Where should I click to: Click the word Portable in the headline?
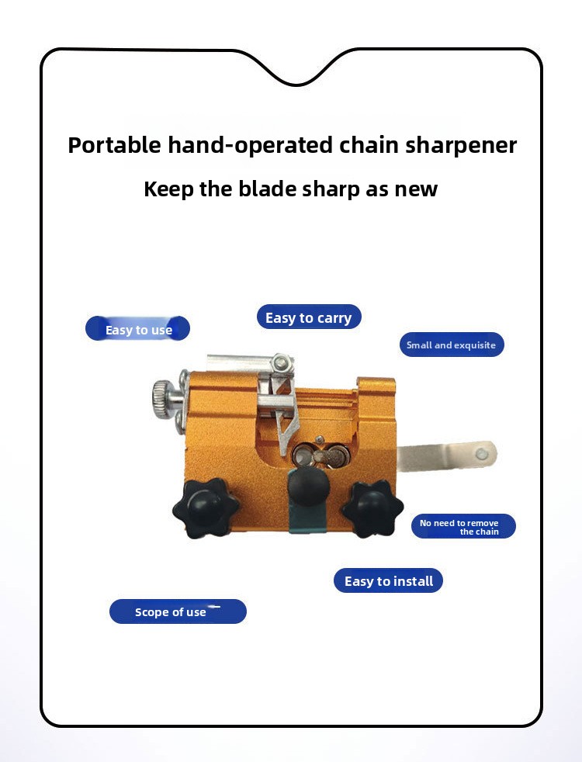click(x=114, y=145)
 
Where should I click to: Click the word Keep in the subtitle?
click(x=168, y=189)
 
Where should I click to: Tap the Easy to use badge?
click(x=137, y=328)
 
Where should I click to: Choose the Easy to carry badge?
click(x=309, y=317)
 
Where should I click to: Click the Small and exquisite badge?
click(x=452, y=345)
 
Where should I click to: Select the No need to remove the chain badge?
click(x=463, y=526)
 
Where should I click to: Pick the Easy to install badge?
click(x=388, y=580)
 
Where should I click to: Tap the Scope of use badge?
click(x=178, y=611)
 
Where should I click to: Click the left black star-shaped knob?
click(x=206, y=508)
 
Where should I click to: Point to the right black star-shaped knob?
click(x=372, y=508)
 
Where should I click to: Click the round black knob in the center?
click(x=308, y=487)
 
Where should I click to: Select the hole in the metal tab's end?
click(x=482, y=455)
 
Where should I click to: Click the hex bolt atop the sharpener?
click(x=281, y=362)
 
